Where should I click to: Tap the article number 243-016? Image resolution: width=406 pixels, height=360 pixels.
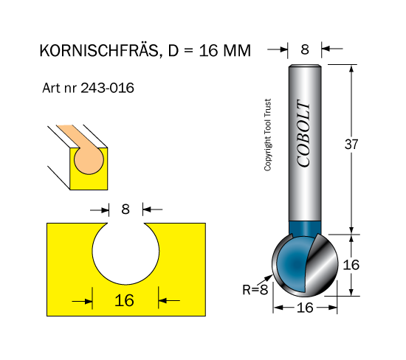coord(108,88)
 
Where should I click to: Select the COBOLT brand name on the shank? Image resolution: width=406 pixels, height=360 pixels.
coord(303,134)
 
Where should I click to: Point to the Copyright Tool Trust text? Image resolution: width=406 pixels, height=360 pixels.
coord(267,134)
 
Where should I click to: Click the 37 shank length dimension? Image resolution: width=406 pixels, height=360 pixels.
coord(351,144)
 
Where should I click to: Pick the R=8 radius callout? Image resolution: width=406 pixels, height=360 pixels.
coord(255,290)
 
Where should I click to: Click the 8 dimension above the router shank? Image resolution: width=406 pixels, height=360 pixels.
coord(305,49)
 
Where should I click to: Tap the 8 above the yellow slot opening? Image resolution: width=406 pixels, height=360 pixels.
coord(125,209)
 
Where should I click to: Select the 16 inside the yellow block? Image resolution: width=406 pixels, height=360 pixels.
coord(124,300)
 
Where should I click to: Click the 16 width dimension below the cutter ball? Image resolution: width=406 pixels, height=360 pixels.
coord(305,308)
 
